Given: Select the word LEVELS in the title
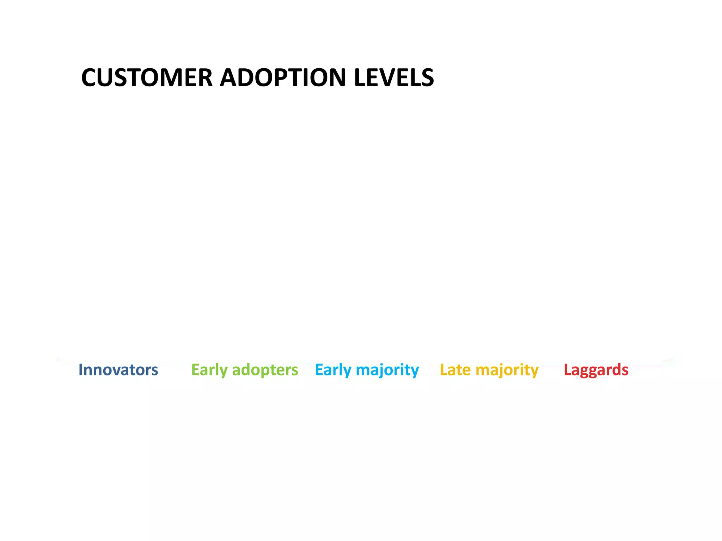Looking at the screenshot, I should click(x=394, y=77).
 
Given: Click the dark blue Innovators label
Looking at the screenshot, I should click(x=118, y=370).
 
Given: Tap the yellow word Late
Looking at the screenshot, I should click(x=455, y=370).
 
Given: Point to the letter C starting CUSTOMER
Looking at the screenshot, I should click(x=90, y=77).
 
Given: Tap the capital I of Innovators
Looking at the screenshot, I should click(x=81, y=370).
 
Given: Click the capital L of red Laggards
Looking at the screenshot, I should click(x=567, y=370).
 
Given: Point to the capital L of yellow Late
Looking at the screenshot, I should click(x=444, y=370).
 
